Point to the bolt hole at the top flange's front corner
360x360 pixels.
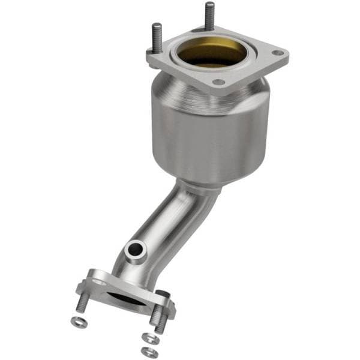pyautogui.click(x=218, y=82)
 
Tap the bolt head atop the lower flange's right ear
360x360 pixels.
pyautogui.click(x=163, y=295)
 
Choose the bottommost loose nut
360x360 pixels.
pyautogui.click(x=146, y=351)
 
